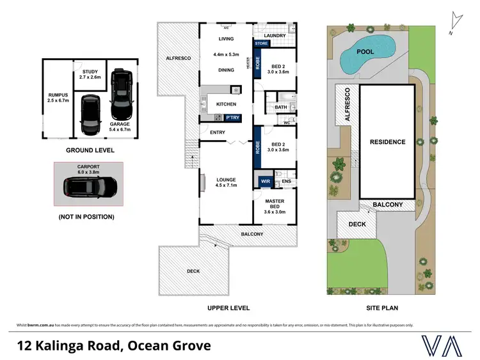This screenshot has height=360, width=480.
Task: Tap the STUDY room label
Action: [90, 74]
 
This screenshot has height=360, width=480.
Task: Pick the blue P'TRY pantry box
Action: [232, 117]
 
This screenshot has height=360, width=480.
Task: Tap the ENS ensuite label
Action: [286, 182]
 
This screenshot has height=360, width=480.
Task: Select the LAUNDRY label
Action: [274, 35]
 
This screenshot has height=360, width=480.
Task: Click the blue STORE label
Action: [262, 43]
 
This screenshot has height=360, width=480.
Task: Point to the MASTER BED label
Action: [275, 205]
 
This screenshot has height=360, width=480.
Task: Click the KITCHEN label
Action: [226, 104]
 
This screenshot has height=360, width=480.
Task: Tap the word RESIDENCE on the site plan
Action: [387, 142]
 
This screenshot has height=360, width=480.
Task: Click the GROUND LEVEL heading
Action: [90, 150]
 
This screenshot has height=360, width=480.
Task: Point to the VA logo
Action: [442, 345]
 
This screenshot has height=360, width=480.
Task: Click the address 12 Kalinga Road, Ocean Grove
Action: [113, 346]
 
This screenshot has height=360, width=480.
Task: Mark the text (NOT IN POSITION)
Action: [86, 217]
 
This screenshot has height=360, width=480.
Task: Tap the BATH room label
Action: [281, 107]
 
